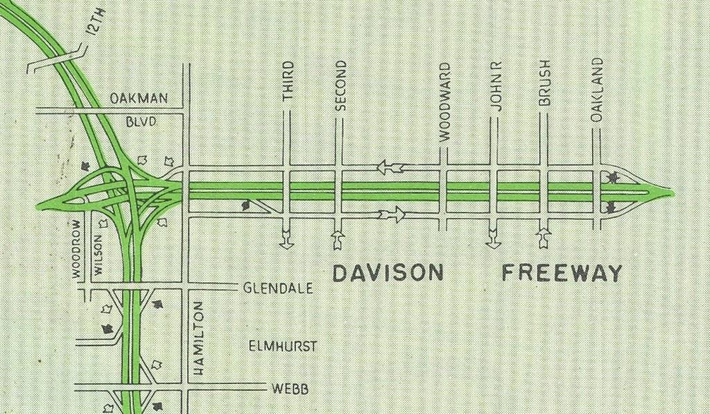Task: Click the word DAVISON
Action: point(388,273)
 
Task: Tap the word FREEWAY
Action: point(562,273)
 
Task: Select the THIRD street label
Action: point(288,82)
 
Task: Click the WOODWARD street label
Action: point(446,102)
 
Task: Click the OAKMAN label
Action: point(139,99)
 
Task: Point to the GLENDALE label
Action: point(277,288)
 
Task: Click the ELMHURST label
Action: point(282,345)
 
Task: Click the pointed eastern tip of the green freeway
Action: point(670,191)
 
